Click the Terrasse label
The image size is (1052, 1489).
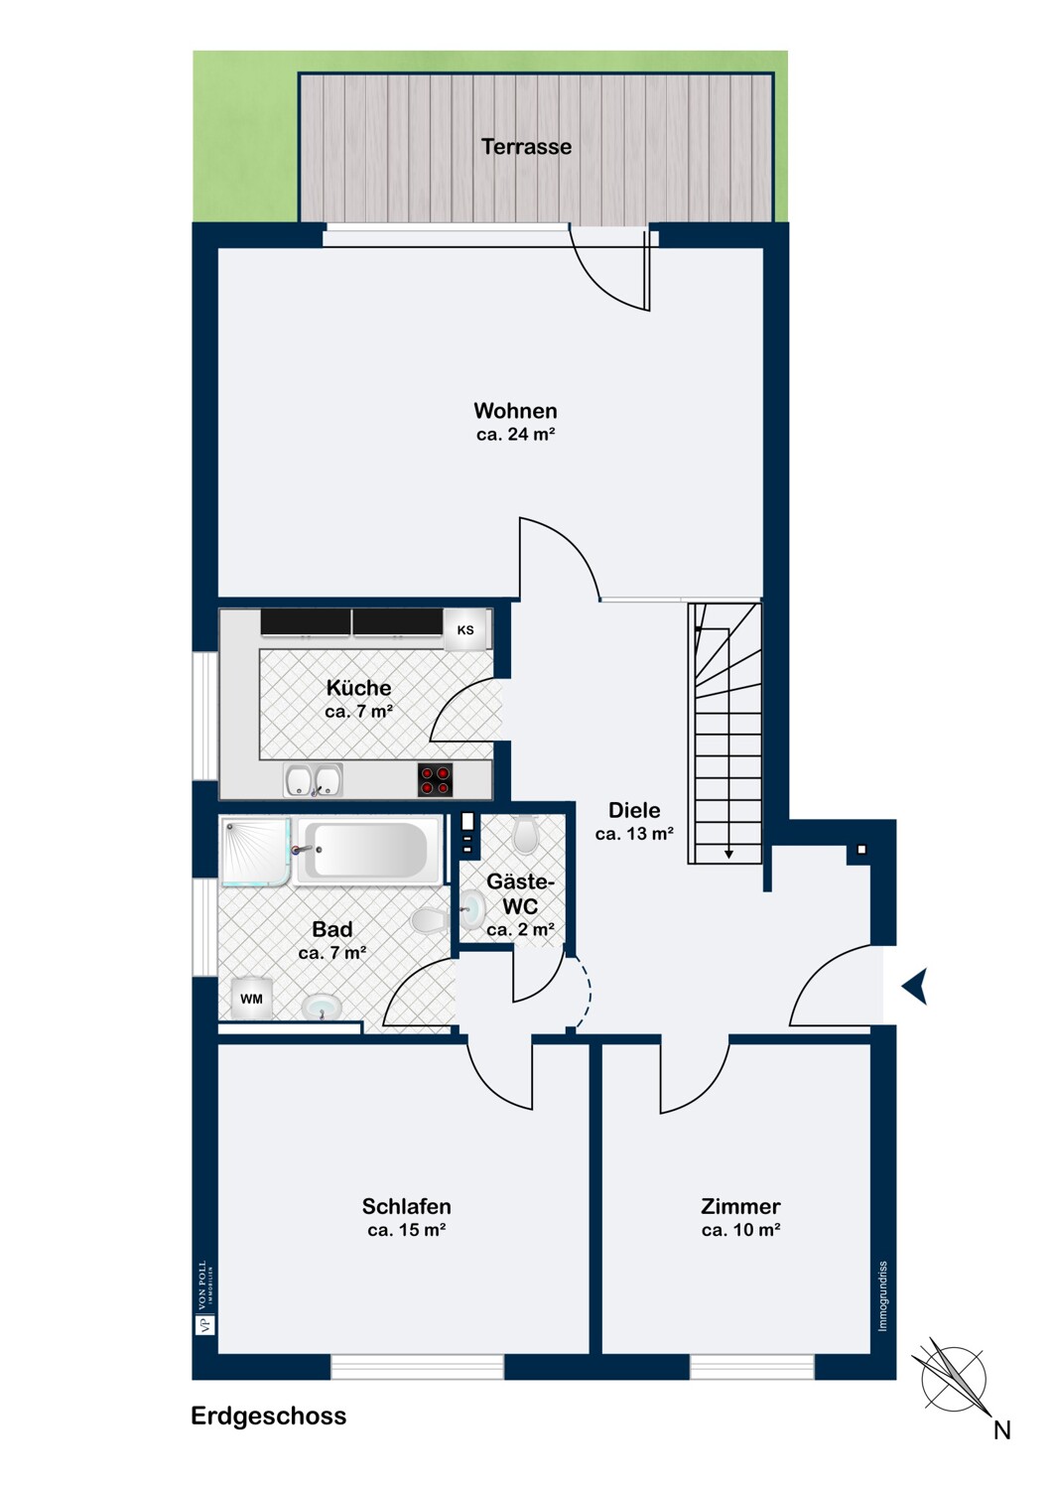pyautogui.click(x=526, y=146)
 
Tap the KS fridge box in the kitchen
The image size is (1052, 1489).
pyautogui.click(x=465, y=629)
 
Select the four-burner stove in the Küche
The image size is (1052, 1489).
pyautogui.click(x=436, y=779)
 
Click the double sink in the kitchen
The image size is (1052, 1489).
pyautogui.click(x=313, y=779)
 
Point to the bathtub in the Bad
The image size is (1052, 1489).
pyautogui.click(x=369, y=850)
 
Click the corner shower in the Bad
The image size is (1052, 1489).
pyautogui.click(x=255, y=852)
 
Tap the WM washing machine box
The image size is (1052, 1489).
pyautogui.click(x=251, y=999)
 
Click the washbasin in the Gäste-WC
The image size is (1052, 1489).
pyautogui.click(x=472, y=907)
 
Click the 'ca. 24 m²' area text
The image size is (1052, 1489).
pyautogui.click(x=516, y=435)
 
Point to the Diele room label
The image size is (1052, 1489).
pyautogui.click(x=634, y=810)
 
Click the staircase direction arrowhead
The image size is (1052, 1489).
pyautogui.click(x=729, y=854)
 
